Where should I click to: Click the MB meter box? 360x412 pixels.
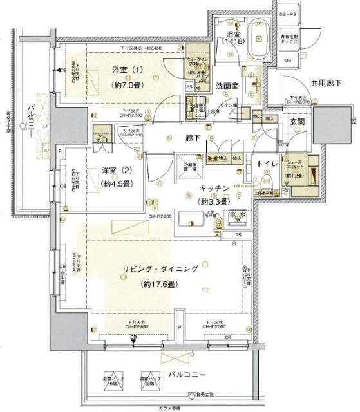(289, 61)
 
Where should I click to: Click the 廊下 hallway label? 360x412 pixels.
(193, 136)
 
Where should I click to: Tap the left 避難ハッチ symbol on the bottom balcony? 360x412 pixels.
(117, 381)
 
